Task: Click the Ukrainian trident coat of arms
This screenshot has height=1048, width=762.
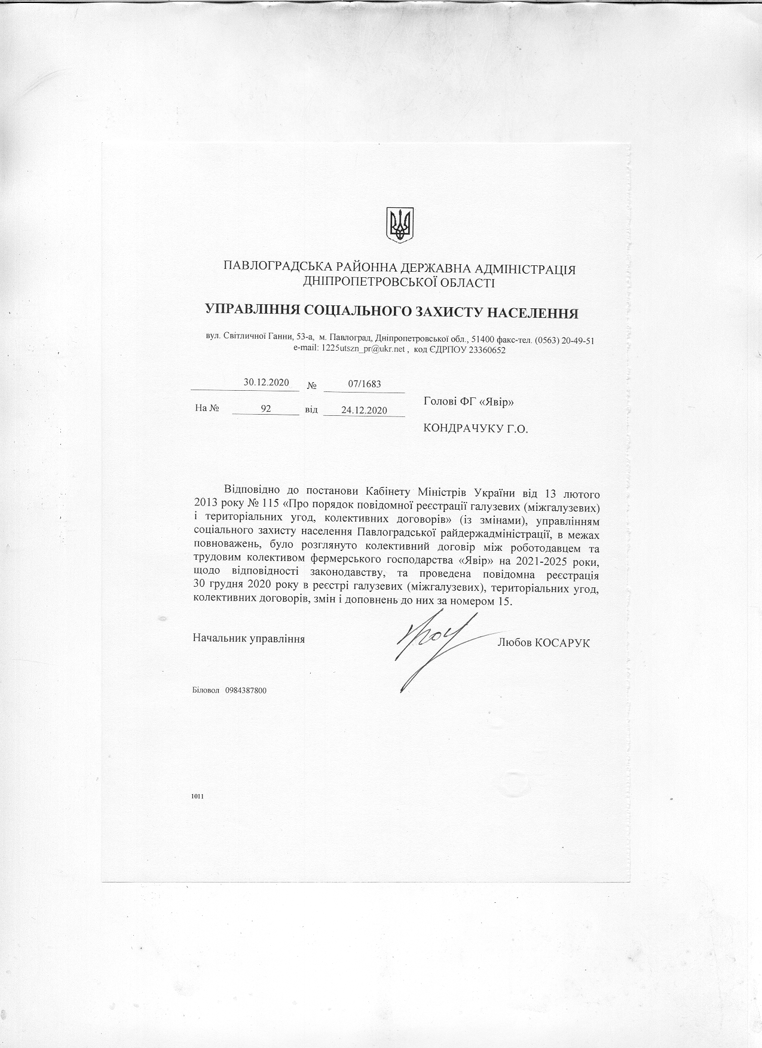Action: (x=399, y=225)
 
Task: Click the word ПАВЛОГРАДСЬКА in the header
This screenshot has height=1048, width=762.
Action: (x=273, y=269)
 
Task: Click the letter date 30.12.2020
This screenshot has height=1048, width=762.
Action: (x=266, y=383)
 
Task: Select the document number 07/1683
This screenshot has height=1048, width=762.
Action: (x=364, y=384)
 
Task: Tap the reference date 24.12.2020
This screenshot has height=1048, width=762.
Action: (x=364, y=410)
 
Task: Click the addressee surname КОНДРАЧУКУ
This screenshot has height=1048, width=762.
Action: (x=458, y=428)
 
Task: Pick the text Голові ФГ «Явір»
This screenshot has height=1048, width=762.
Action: (x=469, y=402)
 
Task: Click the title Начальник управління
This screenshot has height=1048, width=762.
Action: (x=249, y=639)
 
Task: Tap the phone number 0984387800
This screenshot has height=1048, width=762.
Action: (x=246, y=691)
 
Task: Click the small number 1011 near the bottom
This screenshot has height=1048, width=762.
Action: (x=198, y=796)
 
